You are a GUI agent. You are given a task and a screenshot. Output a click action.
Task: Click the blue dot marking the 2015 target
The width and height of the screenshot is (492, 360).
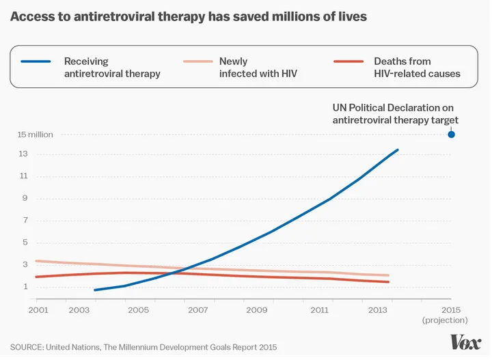click(451, 134)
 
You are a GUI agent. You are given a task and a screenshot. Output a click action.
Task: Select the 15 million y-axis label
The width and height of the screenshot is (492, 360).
click(35, 135)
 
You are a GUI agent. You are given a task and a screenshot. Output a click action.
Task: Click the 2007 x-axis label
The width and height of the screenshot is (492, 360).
click(197, 310)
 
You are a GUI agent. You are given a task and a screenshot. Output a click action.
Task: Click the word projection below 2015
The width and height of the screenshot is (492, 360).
click(445, 320)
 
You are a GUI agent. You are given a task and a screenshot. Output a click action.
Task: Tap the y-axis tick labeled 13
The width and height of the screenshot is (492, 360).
click(23, 154)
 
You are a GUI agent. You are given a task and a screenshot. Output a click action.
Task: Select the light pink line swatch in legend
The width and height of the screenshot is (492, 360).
click(197, 61)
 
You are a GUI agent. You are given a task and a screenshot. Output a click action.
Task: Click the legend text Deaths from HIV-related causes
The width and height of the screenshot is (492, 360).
click(417, 68)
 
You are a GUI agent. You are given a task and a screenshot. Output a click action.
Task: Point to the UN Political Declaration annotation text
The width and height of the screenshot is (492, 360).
click(394, 113)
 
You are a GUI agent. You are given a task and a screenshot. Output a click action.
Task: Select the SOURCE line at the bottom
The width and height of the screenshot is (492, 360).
click(143, 348)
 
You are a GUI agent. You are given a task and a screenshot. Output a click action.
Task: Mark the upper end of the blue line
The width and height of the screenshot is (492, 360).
click(398, 150)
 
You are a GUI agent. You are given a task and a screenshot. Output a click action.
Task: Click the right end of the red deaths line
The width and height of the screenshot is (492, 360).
click(389, 282)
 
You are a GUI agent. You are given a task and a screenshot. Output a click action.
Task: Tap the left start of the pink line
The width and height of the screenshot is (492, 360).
click(36, 261)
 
